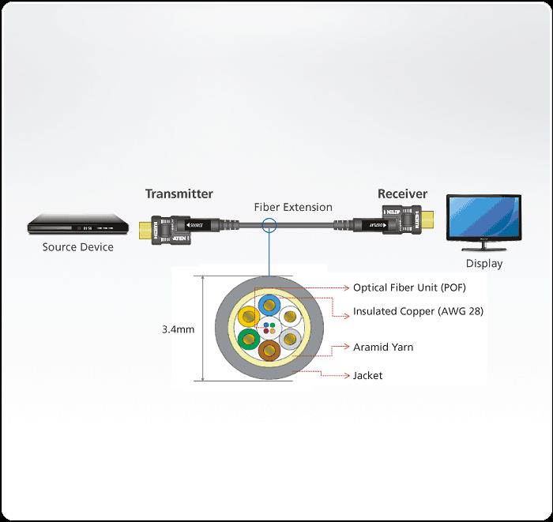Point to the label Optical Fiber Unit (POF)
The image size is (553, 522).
[x=408, y=287]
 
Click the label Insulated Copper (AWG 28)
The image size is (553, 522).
[x=418, y=311]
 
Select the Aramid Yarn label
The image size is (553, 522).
[x=383, y=347]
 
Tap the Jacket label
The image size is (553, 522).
[x=367, y=375]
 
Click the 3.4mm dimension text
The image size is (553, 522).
[x=178, y=329]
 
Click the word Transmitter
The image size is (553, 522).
[x=179, y=193]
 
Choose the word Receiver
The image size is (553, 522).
[x=402, y=193]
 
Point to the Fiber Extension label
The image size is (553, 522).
[x=293, y=207]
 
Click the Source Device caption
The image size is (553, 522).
[x=77, y=247]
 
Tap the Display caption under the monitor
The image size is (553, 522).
[x=483, y=264]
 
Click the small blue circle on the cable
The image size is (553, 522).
[x=269, y=227]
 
